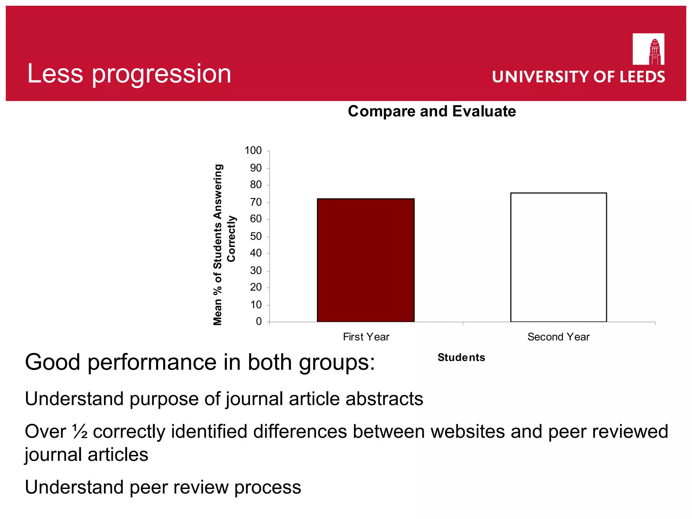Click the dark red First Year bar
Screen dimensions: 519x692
point(366,260)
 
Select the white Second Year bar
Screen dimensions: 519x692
point(558,257)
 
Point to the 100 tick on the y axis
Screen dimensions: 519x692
point(253,151)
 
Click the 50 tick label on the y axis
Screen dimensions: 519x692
point(256,237)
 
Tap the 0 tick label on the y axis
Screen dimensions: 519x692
point(259,321)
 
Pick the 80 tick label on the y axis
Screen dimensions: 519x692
point(256,185)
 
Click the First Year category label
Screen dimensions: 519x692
point(366,337)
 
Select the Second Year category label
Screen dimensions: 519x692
point(558,337)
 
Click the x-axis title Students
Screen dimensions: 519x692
point(461,357)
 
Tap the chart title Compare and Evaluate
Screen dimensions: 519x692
point(432,112)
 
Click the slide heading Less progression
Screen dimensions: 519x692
point(129,74)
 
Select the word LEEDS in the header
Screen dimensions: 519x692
point(642,77)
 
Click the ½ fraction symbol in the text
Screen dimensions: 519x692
point(80,431)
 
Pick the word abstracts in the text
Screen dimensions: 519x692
point(384,399)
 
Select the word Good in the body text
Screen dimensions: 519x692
point(53,362)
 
